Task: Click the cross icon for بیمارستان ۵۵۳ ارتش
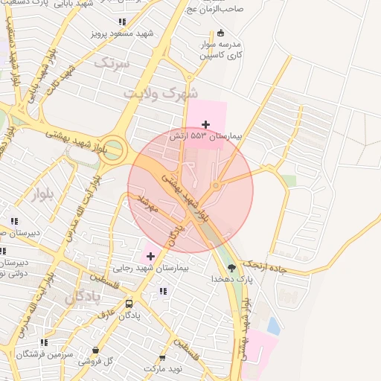(x=206, y=124)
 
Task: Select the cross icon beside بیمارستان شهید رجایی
(x=150, y=256)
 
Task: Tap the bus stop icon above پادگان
(x=129, y=304)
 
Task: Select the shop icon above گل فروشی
(x=95, y=350)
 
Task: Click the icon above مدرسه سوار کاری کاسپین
(x=220, y=32)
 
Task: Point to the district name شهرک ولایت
(x=161, y=94)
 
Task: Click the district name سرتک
(x=112, y=64)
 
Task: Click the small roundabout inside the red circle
(x=216, y=185)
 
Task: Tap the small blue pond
(x=273, y=325)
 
